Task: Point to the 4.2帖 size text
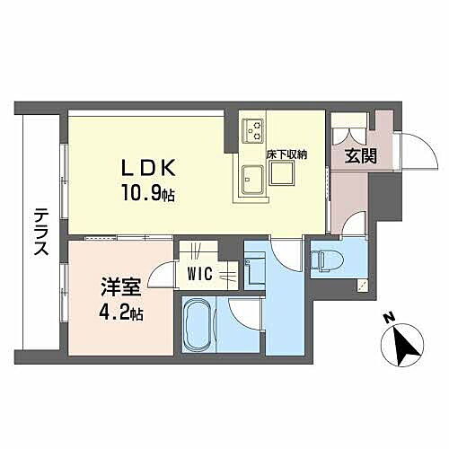tap(124, 313)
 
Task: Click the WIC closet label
tap(199, 274)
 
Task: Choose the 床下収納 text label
tap(286, 154)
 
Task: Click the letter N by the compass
tap(387, 317)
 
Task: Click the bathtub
tap(201, 323)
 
